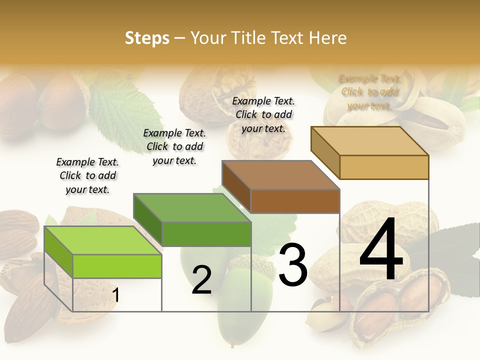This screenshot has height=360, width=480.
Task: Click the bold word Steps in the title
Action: (147, 38)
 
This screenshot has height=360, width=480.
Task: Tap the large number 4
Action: (381, 250)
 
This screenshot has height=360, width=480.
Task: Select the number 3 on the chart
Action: (292, 264)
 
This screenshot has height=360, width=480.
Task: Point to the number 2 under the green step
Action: (201, 280)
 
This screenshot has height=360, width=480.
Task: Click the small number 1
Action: (116, 295)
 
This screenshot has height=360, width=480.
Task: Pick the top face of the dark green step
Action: (192, 207)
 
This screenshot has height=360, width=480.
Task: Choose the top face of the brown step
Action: (280, 175)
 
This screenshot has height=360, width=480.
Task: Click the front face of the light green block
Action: (117, 266)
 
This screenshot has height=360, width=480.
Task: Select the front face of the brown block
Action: (295, 201)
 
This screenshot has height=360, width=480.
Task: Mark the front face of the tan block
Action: (384, 167)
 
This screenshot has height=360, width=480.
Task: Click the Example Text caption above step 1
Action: (87, 175)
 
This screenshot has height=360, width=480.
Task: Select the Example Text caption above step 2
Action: (174, 146)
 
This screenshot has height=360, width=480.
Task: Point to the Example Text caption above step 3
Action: (263, 114)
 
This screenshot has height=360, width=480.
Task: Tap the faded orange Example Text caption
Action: (370, 92)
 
